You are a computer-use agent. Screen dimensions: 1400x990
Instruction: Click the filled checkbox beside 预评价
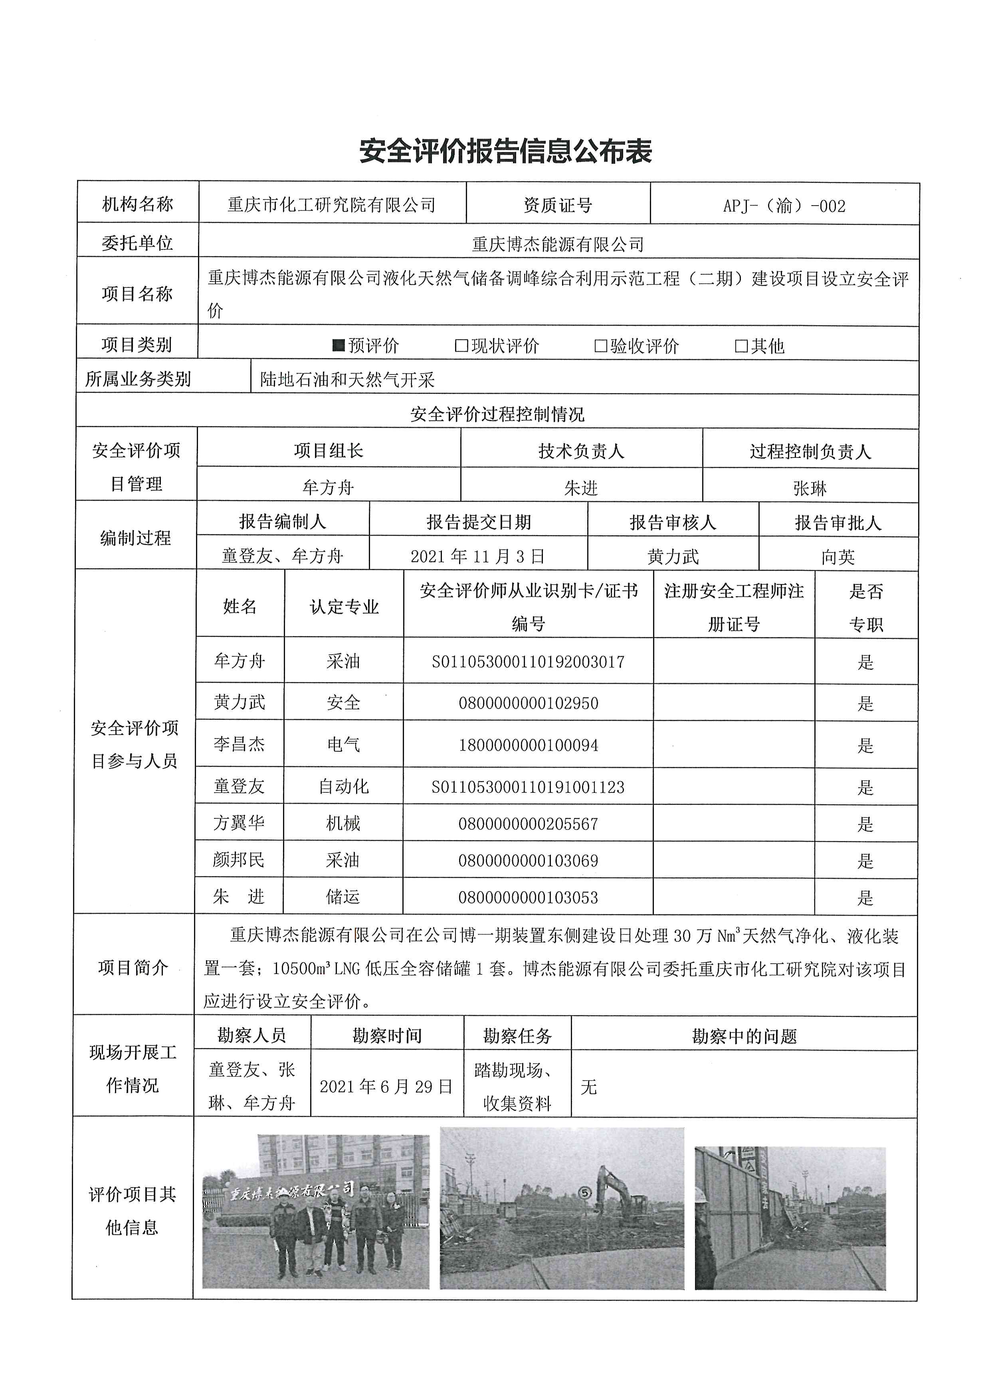[339, 346]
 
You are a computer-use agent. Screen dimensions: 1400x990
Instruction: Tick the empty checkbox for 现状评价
[461, 346]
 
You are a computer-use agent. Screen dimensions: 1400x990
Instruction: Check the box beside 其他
[741, 346]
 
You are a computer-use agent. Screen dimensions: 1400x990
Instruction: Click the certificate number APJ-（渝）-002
[784, 206]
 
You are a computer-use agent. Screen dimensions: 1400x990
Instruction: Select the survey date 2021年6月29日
[386, 1086]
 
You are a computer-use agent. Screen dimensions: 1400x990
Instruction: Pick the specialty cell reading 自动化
[344, 786]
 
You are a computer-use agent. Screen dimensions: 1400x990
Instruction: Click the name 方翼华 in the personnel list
[239, 823]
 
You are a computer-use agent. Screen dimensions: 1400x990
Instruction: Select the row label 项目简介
[133, 968]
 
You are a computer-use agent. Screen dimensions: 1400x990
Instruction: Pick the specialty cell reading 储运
[343, 896]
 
